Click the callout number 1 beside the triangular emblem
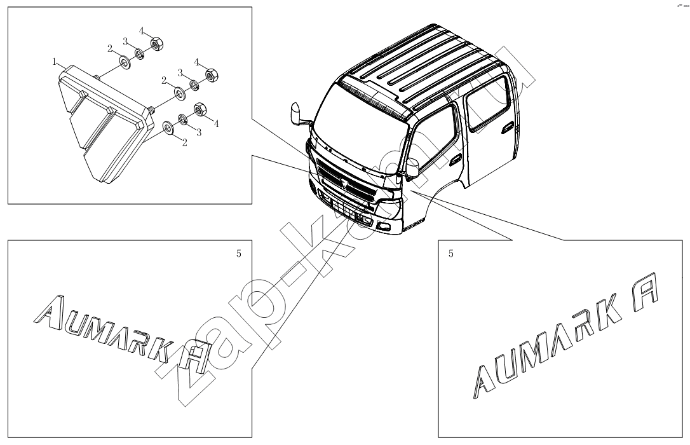click(55, 62)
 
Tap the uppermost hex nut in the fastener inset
click(157, 44)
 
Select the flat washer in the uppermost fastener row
click(124, 62)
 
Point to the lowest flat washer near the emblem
click(168, 128)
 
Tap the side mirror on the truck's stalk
click(295, 114)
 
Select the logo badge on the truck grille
click(345, 183)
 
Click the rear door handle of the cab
click(508, 128)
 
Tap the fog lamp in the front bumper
click(383, 227)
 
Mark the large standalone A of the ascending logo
click(644, 289)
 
